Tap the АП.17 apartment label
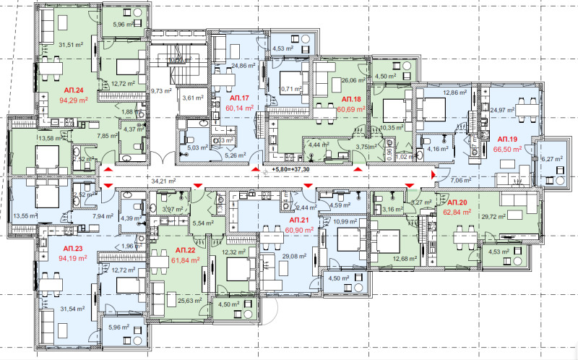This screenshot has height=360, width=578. pos(239,98)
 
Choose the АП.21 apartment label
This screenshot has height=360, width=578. pos(299,219)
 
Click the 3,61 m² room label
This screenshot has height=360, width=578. pos(191,98)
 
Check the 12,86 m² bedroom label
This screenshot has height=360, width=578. pos(454,93)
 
